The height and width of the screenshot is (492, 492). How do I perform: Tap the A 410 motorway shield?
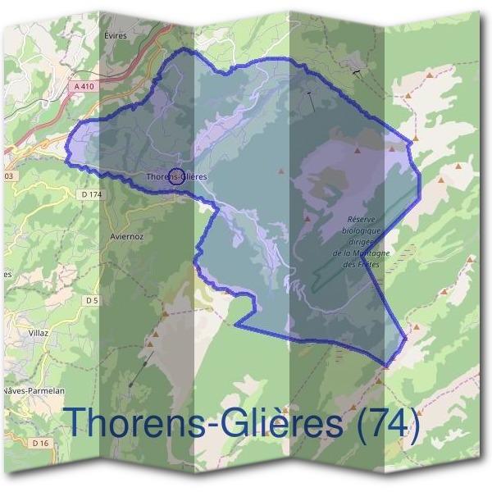pyautogui.click(x=83, y=86)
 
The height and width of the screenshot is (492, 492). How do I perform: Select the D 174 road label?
pyautogui.click(x=93, y=194)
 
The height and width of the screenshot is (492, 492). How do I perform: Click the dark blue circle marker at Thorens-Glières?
pyautogui.click(x=175, y=176)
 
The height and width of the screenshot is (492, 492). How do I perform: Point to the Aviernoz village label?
pyautogui.click(x=126, y=236)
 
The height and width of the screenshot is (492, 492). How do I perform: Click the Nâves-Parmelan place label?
pyautogui.click(x=30, y=390)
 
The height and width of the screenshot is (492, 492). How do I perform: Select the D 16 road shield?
pyautogui.click(x=42, y=443)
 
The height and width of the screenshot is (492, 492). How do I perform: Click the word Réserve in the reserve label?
pyautogui.click(x=362, y=221)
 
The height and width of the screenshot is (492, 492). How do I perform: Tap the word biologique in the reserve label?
pyautogui.click(x=362, y=232)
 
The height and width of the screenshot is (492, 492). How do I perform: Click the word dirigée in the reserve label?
pyautogui.click(x=362, y=243)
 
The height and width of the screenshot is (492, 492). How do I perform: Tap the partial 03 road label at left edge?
pyautogui.click(x=8, y=176)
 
